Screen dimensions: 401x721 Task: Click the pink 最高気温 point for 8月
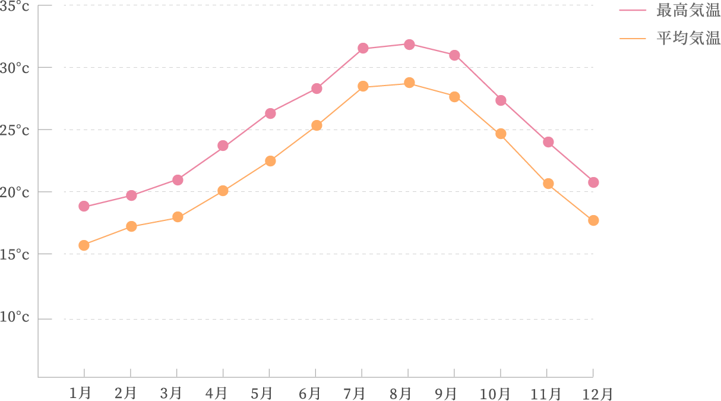[409, 45]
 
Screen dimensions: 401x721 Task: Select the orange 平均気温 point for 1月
[84, 245]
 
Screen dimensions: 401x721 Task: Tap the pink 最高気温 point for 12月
[593, 182]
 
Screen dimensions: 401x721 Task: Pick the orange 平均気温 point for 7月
[363, 86]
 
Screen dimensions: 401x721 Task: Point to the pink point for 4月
[223, 146]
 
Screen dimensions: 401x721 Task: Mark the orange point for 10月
[501, 134]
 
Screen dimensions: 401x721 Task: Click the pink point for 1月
[84, 206]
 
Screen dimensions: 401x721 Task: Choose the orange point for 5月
[270, 161]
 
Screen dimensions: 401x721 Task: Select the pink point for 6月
[317, 89]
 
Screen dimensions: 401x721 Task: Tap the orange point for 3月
[178, 217]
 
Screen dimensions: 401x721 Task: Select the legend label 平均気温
[688, 39]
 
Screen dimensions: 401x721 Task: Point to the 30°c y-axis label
[15, 68]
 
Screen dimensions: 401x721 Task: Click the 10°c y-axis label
[15, 318]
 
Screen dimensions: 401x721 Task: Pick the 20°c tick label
[15, 192]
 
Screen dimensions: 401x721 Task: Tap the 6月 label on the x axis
[309, 393]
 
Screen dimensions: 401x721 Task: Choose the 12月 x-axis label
[599, 393]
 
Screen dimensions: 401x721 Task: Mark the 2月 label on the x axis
[125, 393]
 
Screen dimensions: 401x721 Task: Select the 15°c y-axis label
[15, 255]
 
